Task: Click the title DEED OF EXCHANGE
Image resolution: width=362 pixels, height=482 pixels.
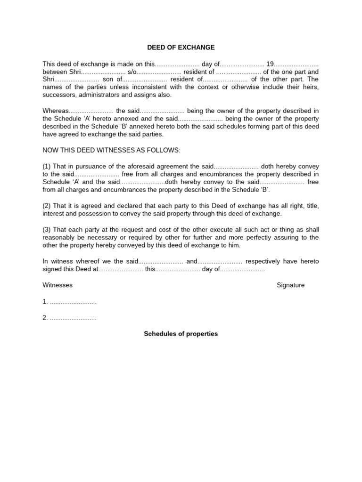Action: coord(181,48)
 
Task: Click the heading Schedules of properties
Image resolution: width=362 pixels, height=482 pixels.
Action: coord(181,334)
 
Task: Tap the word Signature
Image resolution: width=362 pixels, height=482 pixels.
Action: coord(291,285)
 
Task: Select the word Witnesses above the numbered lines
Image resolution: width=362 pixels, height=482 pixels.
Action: coord(58,285)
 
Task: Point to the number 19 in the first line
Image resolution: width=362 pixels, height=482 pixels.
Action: coord(270,64)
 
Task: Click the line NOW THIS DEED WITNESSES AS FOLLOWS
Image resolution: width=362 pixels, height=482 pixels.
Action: coord(111,150)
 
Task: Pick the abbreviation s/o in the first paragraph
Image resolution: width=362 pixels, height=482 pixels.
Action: coord(132,72)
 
